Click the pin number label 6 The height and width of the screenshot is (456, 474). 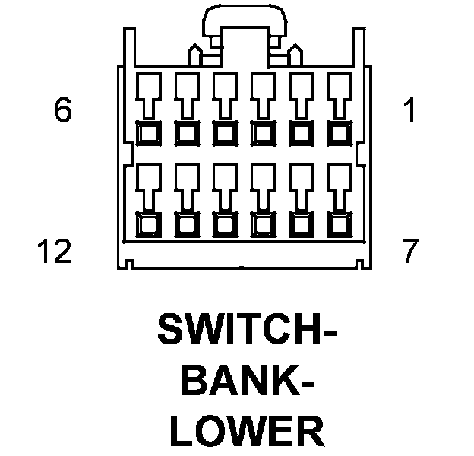tap(62, 111)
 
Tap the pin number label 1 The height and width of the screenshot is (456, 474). tap(411, 111)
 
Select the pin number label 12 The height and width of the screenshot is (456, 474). tap(53, 250)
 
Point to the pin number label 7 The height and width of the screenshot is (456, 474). tap(411, 250)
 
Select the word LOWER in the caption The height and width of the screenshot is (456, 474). tap(246, 431)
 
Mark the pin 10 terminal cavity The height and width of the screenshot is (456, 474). tap(223, 199)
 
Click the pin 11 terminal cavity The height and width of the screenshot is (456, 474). tap(185, 199)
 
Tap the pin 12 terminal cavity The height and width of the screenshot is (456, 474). tap(147, 199)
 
